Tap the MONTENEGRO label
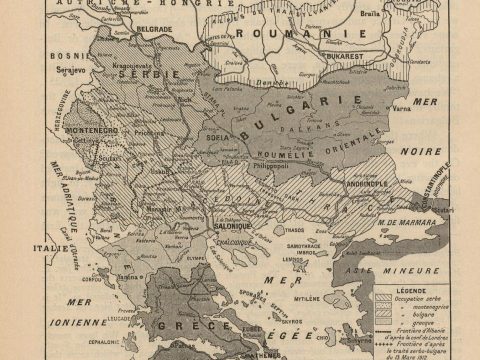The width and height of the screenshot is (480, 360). [92, 131]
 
